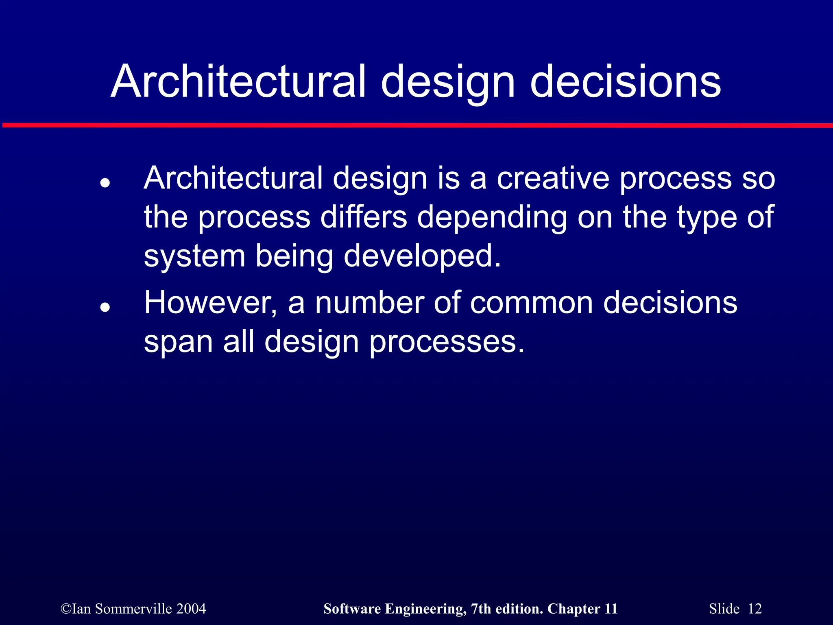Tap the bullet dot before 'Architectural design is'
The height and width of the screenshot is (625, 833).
point(105,183)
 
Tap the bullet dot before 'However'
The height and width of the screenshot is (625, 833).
point(105,307)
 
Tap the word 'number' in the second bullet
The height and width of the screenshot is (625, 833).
point(369,303)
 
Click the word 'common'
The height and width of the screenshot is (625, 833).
point(531,303)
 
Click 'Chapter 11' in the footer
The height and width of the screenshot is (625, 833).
point(582,609)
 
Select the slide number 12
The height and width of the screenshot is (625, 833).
point(754,609)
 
